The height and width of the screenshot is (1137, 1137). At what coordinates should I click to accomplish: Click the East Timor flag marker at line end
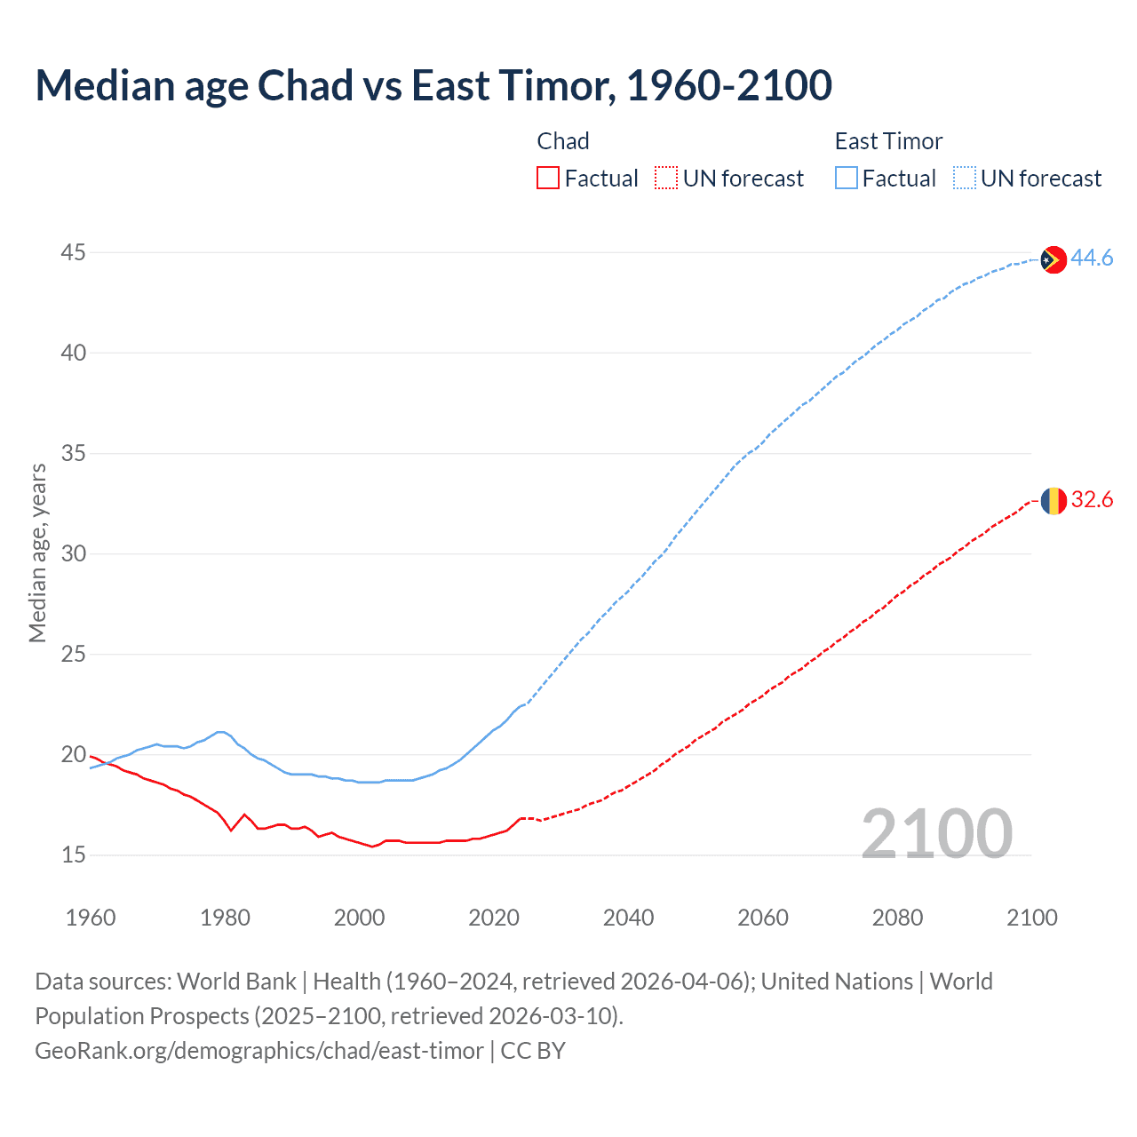click(1053, 259)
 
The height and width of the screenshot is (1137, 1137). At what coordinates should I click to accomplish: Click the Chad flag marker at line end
click(1053, 501)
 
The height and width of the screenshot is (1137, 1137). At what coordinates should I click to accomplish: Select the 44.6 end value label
click(1092, 258)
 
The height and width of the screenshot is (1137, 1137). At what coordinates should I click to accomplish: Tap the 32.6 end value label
click(1092, 500)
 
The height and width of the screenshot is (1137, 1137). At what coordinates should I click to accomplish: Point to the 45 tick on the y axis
click(73, 253)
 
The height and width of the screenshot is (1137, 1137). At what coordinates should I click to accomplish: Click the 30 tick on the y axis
click(73, 554)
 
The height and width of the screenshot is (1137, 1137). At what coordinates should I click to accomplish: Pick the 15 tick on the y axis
click(73, 855)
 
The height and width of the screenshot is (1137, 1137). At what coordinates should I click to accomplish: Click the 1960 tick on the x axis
click(91, 918)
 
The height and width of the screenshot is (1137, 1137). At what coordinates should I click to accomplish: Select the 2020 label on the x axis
click(494, 918)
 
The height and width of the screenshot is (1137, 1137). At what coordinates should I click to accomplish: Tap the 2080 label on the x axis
click(897, 918)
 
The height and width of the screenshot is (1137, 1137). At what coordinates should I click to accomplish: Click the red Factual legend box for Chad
click(548, 179)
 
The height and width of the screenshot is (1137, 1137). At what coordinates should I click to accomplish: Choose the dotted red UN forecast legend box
click(666, 179)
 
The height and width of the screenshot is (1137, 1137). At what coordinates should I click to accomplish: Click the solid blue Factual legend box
click(846, 179)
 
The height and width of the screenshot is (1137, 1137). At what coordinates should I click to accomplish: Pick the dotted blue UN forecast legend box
click(964, 179)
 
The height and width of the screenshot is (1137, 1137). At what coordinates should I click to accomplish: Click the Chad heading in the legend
click(563, 141)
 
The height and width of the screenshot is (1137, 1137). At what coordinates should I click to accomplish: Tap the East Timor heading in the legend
click(888, 141)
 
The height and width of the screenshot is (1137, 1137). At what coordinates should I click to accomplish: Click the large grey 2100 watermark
click(936, 833)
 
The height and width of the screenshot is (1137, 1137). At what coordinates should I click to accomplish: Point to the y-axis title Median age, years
click(37, 553)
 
